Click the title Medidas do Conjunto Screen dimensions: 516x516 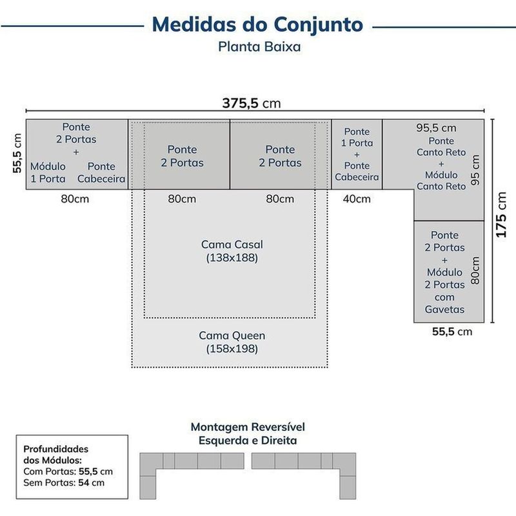pyautogui.click(x=257, y=25)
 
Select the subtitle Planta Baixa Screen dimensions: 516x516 pyautogui.click(x=259, y=46)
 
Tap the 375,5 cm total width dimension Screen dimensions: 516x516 pyautogui.click(x=252, y=103)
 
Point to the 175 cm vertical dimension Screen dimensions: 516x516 pyautogui.click(x=501, y=215)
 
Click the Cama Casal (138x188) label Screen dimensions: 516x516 pyautogui.click(x=232, y=251)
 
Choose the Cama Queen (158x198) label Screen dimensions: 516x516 pyautogui.click(x=232, y=342)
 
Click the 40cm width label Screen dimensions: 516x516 pyautogui.click(x=357, y=199)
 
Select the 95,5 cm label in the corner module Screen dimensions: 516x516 pyautogui.click(x=436, y=128)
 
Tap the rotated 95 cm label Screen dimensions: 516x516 pyautogui.click(x=475, y=170)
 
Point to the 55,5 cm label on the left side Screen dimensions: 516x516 pyautogui.click(x=17, y=154)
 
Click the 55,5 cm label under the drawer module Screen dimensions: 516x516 pyautogui.click(x=452, y=332)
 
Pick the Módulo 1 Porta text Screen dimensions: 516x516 pyautogui.click(x=48, y=172)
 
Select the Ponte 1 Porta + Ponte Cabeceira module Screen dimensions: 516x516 pyautogui.click(x=357, y=154)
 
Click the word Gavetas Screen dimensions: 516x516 pyautogui.click(x=444, y=310)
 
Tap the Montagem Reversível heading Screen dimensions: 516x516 pyautogui.click(x=248, y=427)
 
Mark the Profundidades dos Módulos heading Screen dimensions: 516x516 pyautogui.click(x=56, y=455)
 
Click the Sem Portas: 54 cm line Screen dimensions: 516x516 pyautogui.click(x=64, y=482)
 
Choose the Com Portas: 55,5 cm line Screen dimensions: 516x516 pyautogui.click(x=68, y=471)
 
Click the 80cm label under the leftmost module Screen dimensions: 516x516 pyautogui.click(x=75, y=199)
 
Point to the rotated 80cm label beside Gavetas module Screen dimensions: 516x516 pyautogui.click(x=475, y=270)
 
